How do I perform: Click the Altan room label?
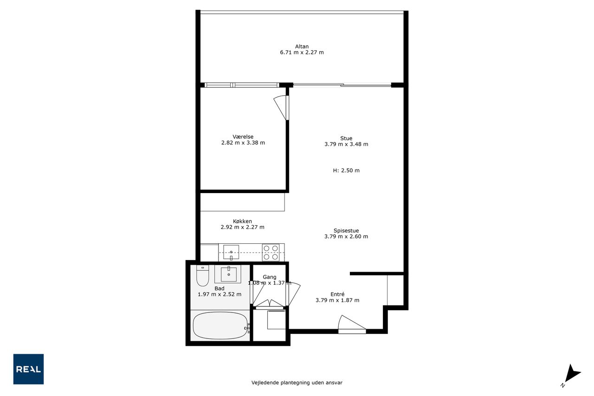pyautogui.click(x=302, y=46)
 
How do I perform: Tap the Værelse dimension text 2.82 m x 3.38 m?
pyautogui.click(x=243, y=143)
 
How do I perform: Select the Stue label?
pyautogui.click(x=346, y=138)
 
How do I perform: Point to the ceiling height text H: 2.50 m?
pyautogui.click(x=346, y=170)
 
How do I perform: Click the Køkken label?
pyautogui.click(x=242, y=221)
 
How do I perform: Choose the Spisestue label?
pyautogui.click(x=346, y=230)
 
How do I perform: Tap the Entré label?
pyautogui.click(x=337, y=294)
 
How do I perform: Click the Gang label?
pyautogui.click(x=270, y=277)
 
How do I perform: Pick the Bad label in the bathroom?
pyautogui.click(x=220, y=288)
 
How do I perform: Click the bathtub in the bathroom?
pyautogui.click(x=220, y=325)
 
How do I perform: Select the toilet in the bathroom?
pyautogui.click(x=203, y=276)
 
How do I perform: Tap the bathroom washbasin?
pyautogui.click(x=229, y=274)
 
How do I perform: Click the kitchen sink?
pyautogui.click(x=231, y=252)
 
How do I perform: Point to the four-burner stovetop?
pyautogui.click(x=271, y=252)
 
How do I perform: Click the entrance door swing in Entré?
pyautogui.click(x=352, y=324)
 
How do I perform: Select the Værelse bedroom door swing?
pyautogui.click(x=281, y=108)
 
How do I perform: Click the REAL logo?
pyautogui.click(x=28, y=369)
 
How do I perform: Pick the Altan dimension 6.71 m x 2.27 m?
pyautogui.click(x=302, y=52)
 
